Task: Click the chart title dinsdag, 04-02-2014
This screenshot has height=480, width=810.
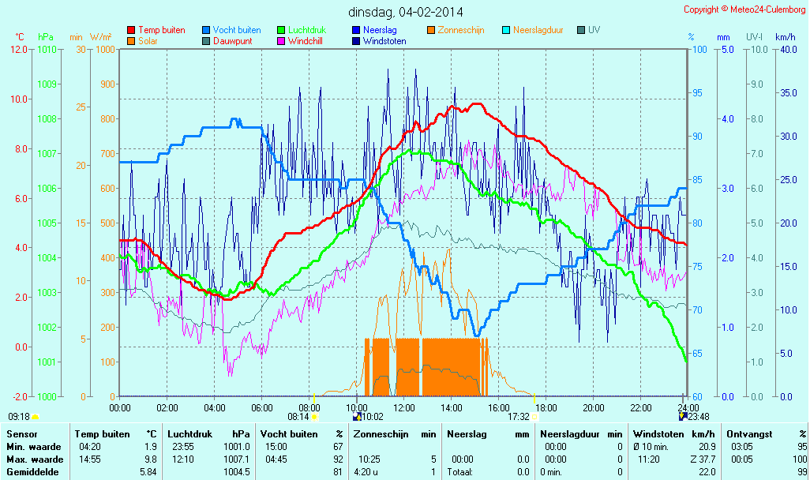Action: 406,12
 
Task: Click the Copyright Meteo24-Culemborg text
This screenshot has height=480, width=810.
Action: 744,9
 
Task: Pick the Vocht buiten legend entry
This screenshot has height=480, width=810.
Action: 236,30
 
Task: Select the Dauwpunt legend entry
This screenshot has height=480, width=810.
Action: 232,41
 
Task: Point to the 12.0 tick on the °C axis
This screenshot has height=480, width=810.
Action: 19,50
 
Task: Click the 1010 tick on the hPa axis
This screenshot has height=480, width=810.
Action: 47,50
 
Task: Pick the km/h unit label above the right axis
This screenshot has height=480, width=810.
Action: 785,37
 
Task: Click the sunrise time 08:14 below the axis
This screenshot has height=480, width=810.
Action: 298,417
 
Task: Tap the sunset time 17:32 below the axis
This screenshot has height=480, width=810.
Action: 518,417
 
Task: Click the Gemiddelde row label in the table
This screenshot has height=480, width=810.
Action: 31,472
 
